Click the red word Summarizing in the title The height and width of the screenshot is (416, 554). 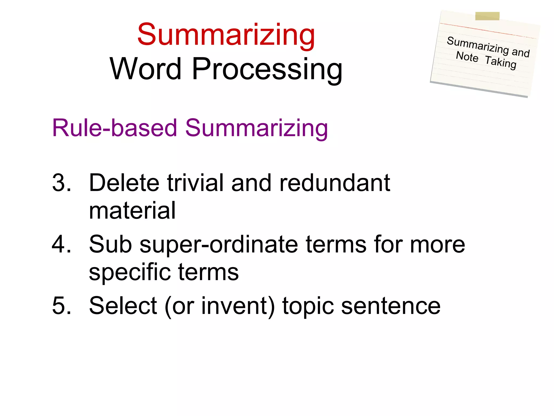(226, 35)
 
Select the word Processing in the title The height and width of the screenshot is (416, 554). (267, 70)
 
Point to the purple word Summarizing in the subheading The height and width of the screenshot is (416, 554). (256, 128)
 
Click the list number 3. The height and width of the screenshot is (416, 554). (61, 183)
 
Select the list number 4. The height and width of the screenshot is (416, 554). (61, 244)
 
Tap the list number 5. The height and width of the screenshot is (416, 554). (61, 306)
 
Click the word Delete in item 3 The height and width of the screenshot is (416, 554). (124, 183)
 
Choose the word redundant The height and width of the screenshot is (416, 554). (335, 183)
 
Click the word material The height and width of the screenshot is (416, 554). (132, 210)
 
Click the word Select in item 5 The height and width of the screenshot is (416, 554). (123, 306)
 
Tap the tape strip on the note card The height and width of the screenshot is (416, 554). (487, 16)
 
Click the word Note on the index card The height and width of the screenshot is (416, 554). (467, 57)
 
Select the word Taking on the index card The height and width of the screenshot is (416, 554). (500, 62)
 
